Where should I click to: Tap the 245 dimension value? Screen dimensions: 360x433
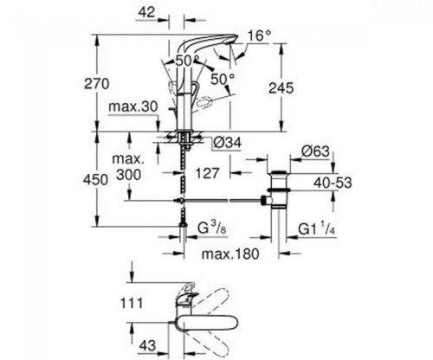[300, 87]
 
